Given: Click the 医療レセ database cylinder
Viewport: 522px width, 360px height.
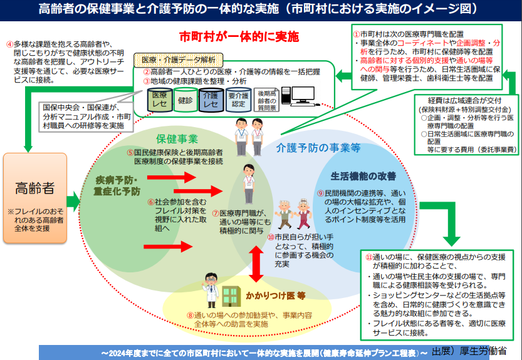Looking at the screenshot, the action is [x=160, y=100].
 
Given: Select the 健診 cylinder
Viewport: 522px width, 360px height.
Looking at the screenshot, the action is [x=185, y=100].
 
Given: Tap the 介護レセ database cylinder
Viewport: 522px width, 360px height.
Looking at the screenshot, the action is [x=211, y=100].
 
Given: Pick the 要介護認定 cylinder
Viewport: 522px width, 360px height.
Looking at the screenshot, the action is [x=238, y=100].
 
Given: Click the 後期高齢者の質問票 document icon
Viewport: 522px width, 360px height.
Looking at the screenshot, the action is [x=267, y=100].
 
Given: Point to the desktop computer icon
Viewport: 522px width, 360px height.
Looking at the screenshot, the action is [x=299, y=96].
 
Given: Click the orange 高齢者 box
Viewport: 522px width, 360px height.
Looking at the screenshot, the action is [x=35, y=198].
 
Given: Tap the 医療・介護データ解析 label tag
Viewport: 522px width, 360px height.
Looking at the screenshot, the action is [x=179, y=60].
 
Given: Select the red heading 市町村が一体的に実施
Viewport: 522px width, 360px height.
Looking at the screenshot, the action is [x=239, y=37].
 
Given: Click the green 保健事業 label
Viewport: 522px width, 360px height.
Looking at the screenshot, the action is [x=177, y=139].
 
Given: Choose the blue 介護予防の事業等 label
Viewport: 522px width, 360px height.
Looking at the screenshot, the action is [x=318, y=148].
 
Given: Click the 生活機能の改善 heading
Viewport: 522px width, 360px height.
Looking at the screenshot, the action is [x=363, y=176].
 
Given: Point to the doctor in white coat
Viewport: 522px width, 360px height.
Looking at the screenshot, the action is [x=211, y=290].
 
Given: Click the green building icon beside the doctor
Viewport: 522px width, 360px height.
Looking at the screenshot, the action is [x=231, y=296].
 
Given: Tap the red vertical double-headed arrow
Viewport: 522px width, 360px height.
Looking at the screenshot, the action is [x=256, y=264].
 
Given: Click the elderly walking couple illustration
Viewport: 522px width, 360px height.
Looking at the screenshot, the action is [x=293, y=214].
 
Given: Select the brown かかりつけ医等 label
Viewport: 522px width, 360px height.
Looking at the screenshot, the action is [x=276, y=296].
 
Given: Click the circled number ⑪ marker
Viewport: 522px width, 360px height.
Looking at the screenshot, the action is [x=369, y=257].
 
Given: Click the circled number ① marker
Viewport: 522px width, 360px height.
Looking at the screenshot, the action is [x=357, y=34].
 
